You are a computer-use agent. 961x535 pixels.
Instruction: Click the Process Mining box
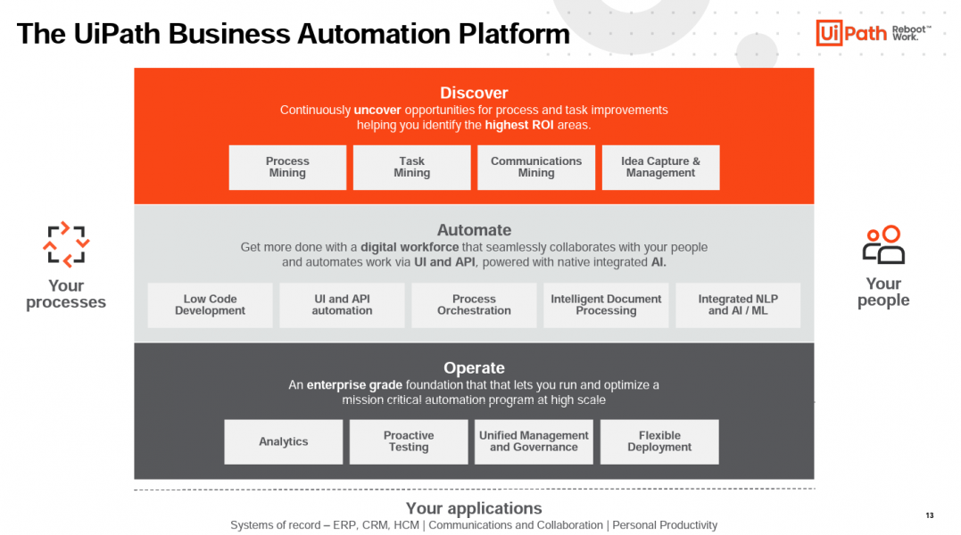[x=287, y=168]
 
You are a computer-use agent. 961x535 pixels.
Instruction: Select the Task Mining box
[x=411, y=168]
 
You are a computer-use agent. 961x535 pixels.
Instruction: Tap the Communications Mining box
[x=536, y=168]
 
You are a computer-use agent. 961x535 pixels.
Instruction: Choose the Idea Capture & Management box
[x=660, y=168]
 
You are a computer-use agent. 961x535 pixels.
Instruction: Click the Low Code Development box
[x=210, y=305]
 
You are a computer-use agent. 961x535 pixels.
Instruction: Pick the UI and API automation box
[x=342, y=305]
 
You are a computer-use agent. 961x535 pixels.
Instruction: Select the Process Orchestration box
[x=474, y=305]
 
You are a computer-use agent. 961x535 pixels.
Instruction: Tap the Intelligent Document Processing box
[x=606, y=305]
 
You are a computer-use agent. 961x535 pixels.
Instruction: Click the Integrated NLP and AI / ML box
[x=738, y=305]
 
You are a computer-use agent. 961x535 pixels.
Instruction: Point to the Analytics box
[x=284, y=442]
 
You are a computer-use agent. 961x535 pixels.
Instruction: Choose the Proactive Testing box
[x=409, y=442]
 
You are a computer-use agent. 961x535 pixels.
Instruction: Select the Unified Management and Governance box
[x=534, y=442]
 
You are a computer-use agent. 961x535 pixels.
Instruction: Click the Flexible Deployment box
[x=659, y=442]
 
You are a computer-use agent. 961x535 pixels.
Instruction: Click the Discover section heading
[x=474, y=93]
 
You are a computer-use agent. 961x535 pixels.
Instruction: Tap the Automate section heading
[x=474, y=230]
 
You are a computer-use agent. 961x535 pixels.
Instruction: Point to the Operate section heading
[x=474, y=367]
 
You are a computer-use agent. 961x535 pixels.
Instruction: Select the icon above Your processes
[x=67, y=244]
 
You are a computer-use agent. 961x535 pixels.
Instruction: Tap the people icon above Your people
[x=883, y=244]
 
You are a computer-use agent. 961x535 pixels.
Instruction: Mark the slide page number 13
[x=930, y=515]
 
